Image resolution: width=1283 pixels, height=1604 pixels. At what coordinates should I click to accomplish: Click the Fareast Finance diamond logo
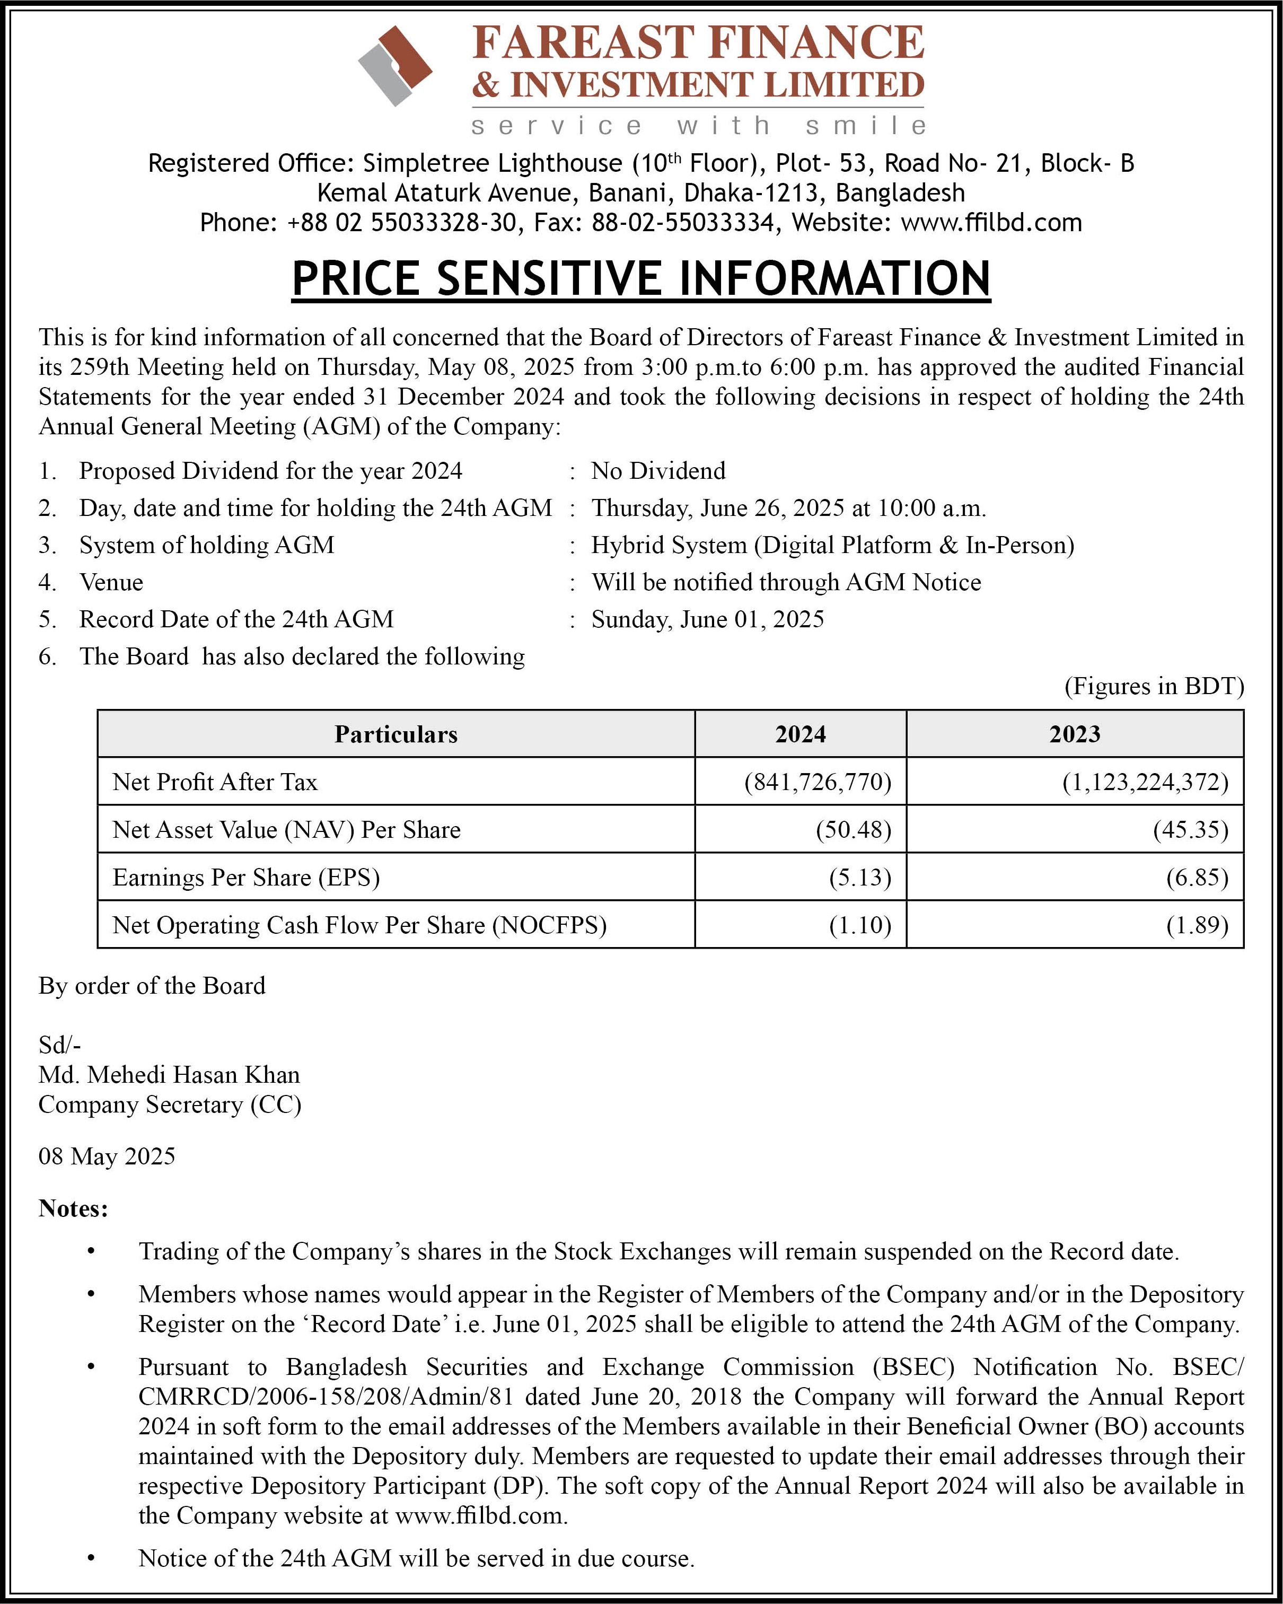pos(395,65)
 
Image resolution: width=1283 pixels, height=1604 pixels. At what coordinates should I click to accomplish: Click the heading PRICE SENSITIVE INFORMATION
pos(640,279)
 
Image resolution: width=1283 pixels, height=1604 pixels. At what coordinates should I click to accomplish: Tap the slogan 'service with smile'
pos(699,126)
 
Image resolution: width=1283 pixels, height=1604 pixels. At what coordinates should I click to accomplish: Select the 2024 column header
pos(801,734)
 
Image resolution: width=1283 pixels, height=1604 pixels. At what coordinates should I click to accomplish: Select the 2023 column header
pos(1075,734)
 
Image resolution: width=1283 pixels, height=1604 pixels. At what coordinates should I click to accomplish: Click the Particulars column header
pos(396,734)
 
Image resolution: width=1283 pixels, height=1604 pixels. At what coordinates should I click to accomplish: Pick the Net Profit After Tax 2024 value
pos(818,782)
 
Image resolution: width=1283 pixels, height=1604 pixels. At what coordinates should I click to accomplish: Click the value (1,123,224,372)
pos(1145,782)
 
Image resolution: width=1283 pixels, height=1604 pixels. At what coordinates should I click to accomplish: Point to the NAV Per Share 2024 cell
pos(853,829)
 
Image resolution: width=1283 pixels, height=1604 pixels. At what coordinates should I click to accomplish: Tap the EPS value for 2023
pos(1197,877)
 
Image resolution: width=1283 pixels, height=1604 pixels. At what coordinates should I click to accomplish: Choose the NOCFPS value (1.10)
pos(860,925)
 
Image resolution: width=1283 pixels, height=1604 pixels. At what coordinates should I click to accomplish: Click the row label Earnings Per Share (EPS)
pos(246,877)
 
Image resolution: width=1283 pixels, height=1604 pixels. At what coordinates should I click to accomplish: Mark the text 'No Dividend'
pos(658,471)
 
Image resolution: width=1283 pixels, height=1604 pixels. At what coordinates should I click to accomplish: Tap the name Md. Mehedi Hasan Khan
pos(170,1075)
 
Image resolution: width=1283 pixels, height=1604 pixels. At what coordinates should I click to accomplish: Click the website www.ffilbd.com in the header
pos(991,223)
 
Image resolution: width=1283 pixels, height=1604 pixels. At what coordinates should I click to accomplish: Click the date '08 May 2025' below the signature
pos(107,1156)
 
